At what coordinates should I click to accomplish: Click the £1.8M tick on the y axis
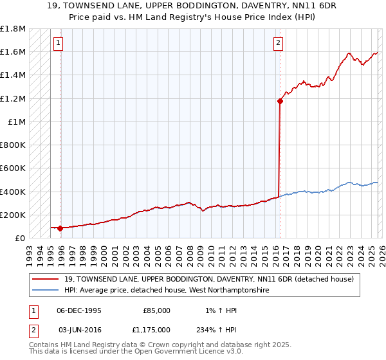pos(14,29)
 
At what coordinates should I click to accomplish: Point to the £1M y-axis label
pos(17,122)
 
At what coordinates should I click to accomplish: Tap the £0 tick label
pos(20,238)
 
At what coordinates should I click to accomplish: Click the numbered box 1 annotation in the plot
pos(58,43)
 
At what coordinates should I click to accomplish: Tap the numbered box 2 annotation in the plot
pos(278,43)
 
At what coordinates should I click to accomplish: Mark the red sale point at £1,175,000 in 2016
pos(280,101)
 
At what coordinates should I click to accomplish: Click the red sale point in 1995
pos(60,228)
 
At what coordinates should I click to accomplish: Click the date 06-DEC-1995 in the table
pos(79,310)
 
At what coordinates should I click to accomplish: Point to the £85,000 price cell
pos(156,310)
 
